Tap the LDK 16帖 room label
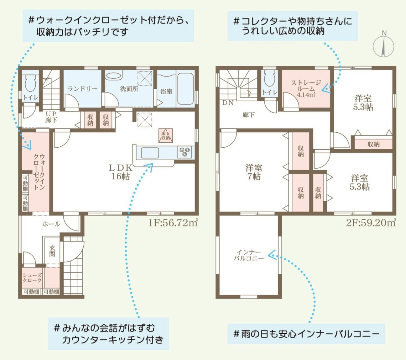click(120, 172)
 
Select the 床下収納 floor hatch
click(165, 136)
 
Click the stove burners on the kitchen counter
click(185, 152)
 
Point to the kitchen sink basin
click(150, 153)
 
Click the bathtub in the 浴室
click(185, 88)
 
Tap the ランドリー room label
click(82, 88)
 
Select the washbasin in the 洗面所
click(114, 76)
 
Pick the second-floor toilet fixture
click(269, 78)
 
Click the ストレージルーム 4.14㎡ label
click(306, 88)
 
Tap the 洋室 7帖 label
click(254, 172)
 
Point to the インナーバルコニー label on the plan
click(249, 255)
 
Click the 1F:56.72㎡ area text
click(173, 223)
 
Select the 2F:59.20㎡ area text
click(371, 223)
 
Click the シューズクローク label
click(32, 278)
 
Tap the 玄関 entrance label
click(52, 251)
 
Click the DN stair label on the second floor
click(228, 103)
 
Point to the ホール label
click(51, 224)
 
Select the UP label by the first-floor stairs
click(51, 114)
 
